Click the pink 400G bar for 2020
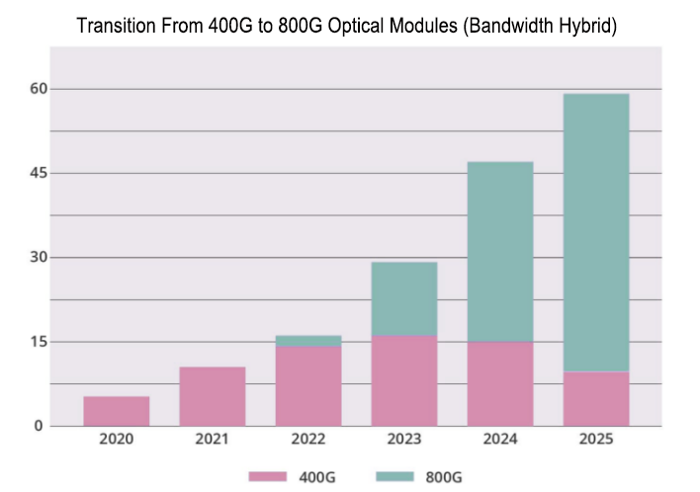[117, 411]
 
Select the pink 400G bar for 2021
[213, 396]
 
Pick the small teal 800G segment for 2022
[308, 341]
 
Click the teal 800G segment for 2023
[403, 298]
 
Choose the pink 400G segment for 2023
[403, 380]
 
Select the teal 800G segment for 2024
[499, 252]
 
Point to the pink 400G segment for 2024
[499, 383]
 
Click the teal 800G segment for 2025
[595, 232]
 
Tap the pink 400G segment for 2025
[595, 399]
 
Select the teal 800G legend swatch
[396, 477]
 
